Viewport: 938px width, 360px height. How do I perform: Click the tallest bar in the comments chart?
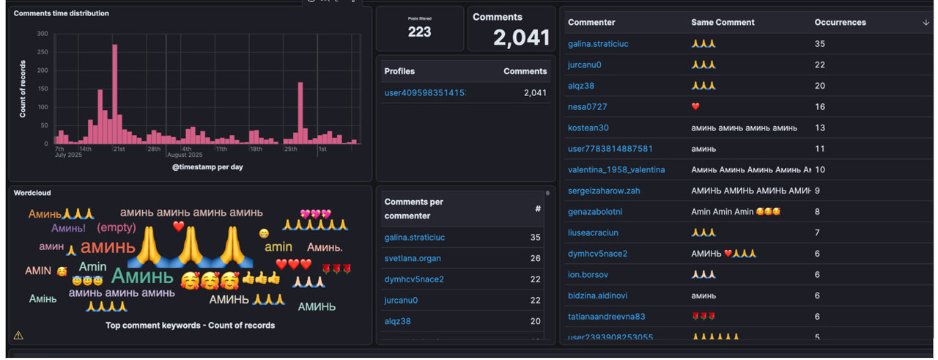114,94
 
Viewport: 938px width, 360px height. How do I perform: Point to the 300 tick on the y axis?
43,34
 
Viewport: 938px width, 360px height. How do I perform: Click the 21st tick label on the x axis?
119,150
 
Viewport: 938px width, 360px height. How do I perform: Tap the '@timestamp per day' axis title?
207,167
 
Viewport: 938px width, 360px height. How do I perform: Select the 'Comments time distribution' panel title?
62,13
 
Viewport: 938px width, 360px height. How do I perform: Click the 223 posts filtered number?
420,32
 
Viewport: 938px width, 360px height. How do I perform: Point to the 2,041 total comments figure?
521,38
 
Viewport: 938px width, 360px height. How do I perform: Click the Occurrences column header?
840,23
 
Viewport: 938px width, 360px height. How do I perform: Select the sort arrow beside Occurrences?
926,23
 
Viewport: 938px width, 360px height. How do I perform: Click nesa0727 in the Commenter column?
587,107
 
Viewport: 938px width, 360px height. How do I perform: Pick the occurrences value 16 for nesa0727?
819,107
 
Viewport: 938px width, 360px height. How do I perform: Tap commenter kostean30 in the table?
588,128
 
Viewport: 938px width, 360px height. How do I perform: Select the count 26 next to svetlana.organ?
535,259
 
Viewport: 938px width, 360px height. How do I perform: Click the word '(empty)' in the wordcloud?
117,228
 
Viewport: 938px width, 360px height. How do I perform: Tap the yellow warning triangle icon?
18,336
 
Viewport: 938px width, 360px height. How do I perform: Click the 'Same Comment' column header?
723,23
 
